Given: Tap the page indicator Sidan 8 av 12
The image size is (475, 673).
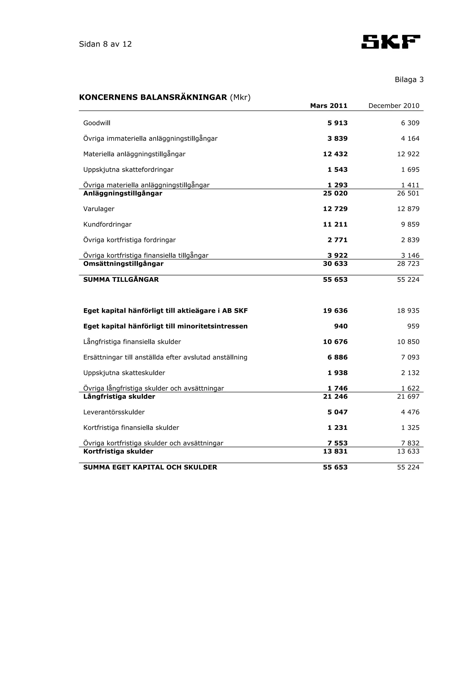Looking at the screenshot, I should [x=105, y=44].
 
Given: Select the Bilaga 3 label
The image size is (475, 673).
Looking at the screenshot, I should [x=409, y=80].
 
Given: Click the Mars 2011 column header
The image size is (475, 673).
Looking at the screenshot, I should [x=329, y=106].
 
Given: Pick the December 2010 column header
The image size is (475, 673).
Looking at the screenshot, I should [x=394, y=106].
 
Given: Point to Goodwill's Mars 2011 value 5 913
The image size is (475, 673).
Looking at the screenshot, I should [x=337, y=123].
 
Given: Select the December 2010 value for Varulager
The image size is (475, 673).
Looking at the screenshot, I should [x=408, y=209].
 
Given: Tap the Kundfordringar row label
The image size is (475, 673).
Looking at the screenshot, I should [x=107, y=225].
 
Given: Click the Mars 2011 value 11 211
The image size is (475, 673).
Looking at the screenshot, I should [x=335, y=225].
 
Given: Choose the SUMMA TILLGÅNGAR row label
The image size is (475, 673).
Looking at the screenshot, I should [x=121, y=280].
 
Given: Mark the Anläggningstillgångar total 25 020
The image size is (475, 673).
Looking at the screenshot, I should [x=335, y=193].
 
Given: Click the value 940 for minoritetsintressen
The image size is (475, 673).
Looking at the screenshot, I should [x=341, y=326].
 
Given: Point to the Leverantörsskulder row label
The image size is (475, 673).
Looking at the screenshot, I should [x=114, y=412].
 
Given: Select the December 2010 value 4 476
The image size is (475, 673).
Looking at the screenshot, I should [x=410, y=412].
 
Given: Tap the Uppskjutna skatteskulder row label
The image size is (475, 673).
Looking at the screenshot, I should [x=124, y=373].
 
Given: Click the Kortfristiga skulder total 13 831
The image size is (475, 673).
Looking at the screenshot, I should [x=335, y=451].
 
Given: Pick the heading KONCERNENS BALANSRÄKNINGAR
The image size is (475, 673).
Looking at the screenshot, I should [x=153, y=97].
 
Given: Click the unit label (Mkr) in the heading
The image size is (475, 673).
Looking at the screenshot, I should [x=240, y=97].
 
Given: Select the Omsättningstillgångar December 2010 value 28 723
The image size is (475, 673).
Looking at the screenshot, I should [x=408, y=264].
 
